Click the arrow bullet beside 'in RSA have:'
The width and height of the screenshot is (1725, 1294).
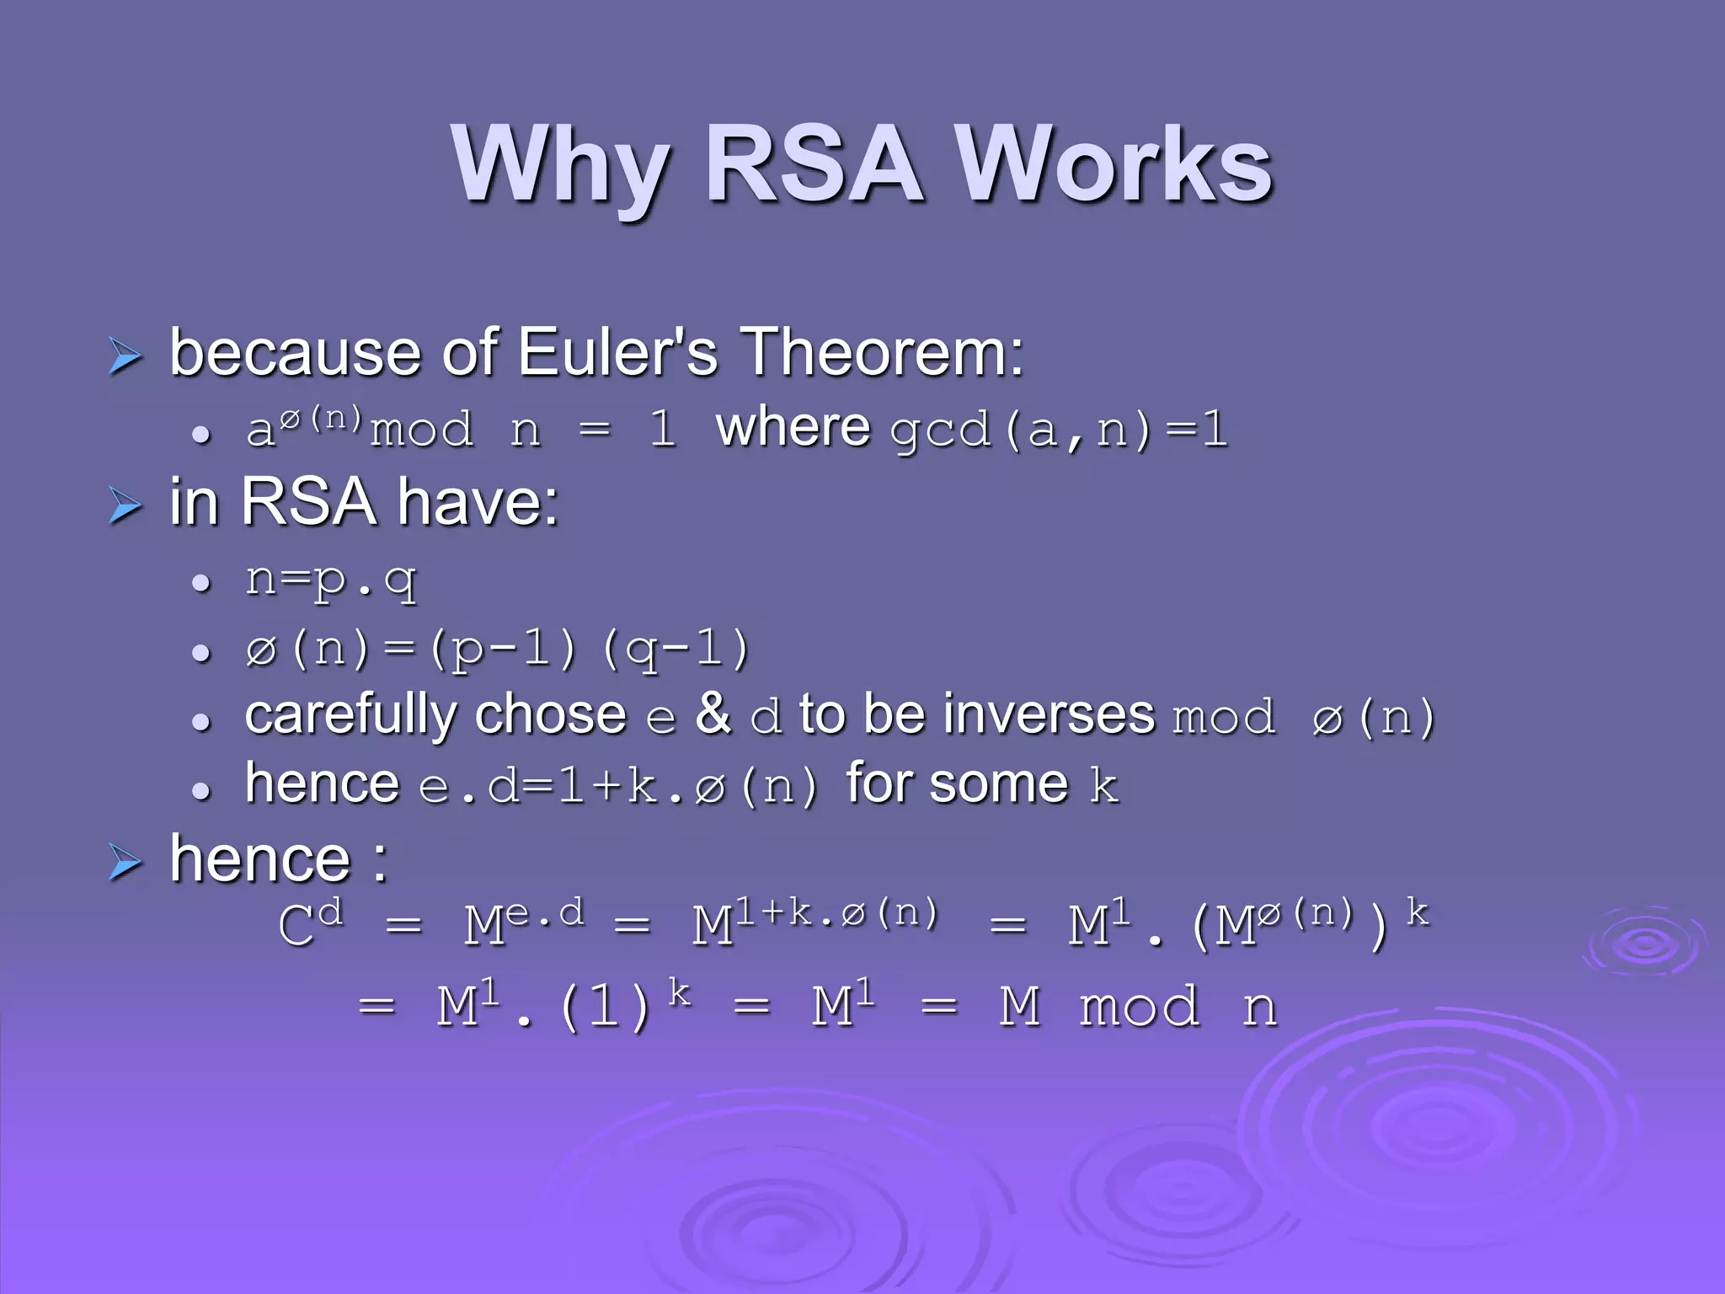click(x=126, y=506)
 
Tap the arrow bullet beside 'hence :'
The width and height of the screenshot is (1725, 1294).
click(x=126, y=864)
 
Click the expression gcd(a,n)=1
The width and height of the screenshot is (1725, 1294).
click(x=1059, y=430)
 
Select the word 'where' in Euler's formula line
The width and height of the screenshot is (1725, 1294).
click(x=793, y=427)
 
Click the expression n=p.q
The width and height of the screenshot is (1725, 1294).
click(x=331, y=582)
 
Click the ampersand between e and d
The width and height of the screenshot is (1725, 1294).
click(x=713, y=714)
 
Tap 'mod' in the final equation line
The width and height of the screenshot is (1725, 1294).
click(x=1139, y=1007)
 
